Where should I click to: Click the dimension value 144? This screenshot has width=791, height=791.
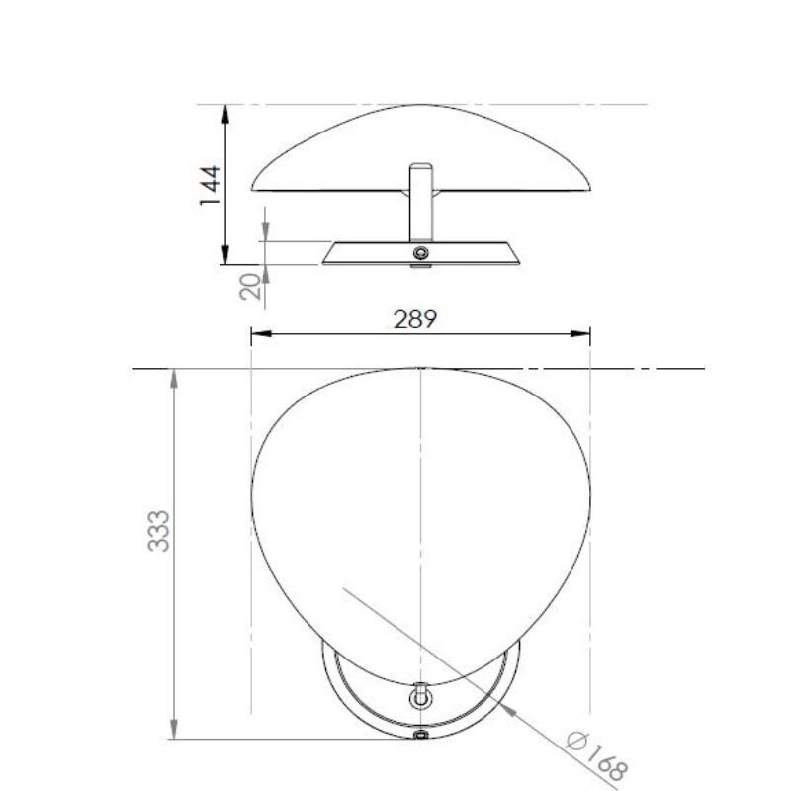pyautogui.click(x=209, y=185)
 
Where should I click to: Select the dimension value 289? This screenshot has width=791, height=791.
pyautogui.click(x=415, y=319)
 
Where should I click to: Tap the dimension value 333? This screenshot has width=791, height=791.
pyautogui.click(x=159, y=530)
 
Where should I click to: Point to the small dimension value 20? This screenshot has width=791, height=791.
pyautogui.click(x=251, y=287)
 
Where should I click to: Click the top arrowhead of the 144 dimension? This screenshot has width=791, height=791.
pyautogui.click(x=227, y=111)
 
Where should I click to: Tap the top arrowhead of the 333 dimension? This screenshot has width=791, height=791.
pyautogui.click(x=174, y=376)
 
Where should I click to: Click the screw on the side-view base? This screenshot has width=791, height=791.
pyautogui.click(x=421, y=254)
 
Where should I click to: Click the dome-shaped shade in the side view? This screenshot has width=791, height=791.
pyautogui.click(x=421, y=148)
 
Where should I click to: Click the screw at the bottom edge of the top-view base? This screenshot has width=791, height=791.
pyautogui.click(x=421, y=736)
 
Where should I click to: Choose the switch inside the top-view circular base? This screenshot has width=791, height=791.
pyautogui.click(x=421, y=696)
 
